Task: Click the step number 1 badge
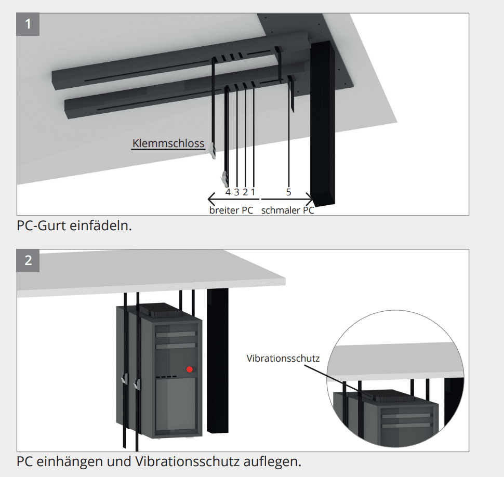28,24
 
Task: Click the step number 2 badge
28,260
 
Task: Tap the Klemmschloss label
168,143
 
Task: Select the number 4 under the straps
228,192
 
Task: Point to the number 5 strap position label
288,192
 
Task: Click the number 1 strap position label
253,192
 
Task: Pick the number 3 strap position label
236,192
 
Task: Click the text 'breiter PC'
231,210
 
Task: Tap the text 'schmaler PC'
287,210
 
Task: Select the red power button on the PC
190,369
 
